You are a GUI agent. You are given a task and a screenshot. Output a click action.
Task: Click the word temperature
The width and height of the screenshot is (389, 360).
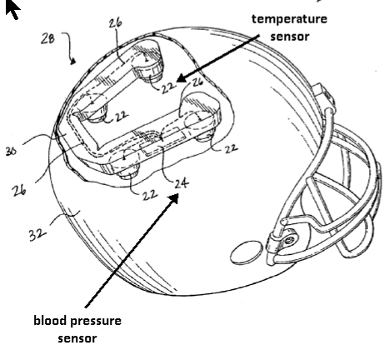click(289, 20)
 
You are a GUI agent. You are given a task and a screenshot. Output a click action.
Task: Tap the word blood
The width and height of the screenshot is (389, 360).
click(50, 320)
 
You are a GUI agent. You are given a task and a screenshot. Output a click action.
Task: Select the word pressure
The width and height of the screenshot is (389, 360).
click(96, 322)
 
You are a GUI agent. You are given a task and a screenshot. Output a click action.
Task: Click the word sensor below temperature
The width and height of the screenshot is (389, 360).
click(290, 37)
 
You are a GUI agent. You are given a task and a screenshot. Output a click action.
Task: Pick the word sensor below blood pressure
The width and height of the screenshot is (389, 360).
click(77, 338)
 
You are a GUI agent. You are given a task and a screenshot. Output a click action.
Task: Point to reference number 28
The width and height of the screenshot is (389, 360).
click(47, 38)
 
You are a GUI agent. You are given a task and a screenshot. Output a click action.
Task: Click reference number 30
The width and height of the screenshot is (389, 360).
click(11, 151)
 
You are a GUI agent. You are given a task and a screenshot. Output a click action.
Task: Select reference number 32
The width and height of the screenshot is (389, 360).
click(37, 235)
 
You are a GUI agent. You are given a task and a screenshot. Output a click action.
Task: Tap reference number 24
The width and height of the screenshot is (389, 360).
click(182, 184)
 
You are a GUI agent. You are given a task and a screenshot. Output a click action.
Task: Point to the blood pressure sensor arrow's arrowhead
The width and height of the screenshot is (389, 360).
click(173, 199)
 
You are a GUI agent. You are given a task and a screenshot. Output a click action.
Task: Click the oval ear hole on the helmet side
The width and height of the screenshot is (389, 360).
click(247, 252)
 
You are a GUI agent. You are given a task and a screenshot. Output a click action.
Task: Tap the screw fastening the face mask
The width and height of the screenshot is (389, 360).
click(291, 239)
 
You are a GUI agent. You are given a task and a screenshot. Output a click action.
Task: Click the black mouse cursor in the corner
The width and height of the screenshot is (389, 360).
click(12, 9)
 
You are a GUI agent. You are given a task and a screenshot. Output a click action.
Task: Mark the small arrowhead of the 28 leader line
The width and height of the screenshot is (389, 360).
click(73, 62)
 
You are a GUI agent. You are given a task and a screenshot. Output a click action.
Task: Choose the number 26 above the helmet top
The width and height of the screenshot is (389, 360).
click(115, 23)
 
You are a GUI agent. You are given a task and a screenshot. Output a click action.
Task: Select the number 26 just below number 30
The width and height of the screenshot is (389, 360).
click(19, 191)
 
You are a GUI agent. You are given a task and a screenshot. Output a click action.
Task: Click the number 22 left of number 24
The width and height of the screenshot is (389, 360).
click(150, 195)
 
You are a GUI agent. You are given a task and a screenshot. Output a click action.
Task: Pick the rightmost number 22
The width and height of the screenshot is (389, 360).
click(231, 149)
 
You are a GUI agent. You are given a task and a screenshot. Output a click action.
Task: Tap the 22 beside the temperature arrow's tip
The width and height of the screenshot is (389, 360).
click(168, 87)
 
